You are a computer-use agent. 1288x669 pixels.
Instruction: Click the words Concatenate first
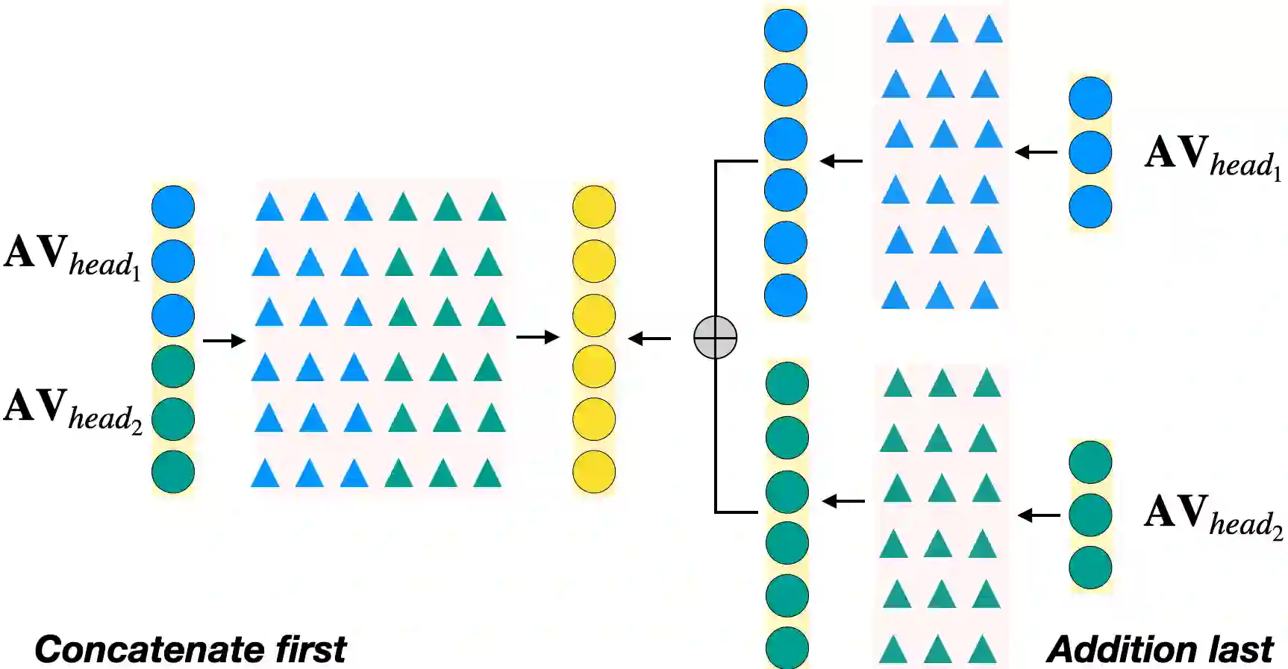click(190, 650)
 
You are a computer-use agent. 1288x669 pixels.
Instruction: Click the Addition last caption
click(1160, 650)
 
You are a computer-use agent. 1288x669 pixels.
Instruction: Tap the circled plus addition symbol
click(715, 338)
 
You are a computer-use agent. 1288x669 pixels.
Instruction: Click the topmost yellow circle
click(594, 207)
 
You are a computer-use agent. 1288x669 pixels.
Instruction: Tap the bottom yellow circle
click(594, 471)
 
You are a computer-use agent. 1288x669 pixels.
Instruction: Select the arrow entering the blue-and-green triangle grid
click(224, 341)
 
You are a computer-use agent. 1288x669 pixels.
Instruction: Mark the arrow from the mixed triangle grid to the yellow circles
click(537, 337)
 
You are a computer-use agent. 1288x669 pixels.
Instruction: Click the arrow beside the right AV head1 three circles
click(1037, 152)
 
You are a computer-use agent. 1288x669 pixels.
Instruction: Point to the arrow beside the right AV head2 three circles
click(1039, 515)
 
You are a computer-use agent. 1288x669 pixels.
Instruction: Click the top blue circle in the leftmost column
click(173, 207)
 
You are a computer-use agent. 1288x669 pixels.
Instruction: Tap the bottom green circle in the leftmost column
click(173, 471)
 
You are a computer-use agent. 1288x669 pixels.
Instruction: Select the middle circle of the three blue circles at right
click(1090, 152)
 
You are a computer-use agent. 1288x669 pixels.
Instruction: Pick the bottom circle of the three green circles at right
click(1090, 568)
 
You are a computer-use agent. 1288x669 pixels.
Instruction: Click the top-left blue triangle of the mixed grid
click(269, 207)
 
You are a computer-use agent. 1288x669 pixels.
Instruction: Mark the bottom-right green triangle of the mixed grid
click(488, 474)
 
